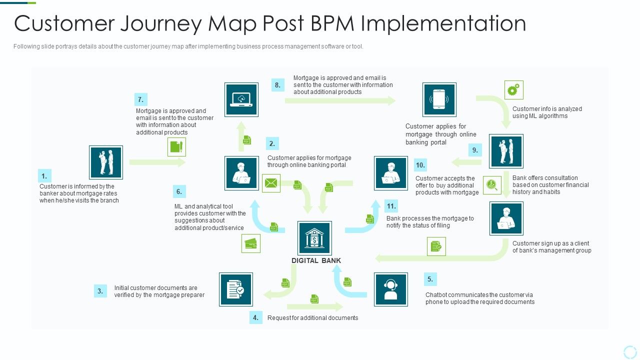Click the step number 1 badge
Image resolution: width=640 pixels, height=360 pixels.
tap(44, 175)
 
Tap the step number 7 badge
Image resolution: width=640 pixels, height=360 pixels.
tap(140, 99)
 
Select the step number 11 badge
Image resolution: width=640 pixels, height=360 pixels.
tap(391, 205)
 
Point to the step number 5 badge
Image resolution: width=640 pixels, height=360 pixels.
tap(429, 279)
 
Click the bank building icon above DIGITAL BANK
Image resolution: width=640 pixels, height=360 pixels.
tap(314, 238)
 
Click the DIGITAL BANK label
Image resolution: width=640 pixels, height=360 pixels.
tap(316, 260)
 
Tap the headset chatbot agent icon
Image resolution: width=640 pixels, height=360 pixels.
tap(390, 289)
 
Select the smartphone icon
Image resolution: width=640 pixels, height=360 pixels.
tap(439, 99)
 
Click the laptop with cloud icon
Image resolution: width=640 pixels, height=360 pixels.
tap(241, 99)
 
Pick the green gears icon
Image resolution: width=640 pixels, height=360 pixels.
tap(513, 90)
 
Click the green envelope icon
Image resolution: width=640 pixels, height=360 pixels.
tap(271, 183)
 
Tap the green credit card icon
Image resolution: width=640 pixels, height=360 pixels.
tap(251, 243)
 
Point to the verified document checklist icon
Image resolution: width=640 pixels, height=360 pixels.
tap(235, 289)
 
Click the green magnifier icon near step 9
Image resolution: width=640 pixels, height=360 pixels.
tap(492, 185)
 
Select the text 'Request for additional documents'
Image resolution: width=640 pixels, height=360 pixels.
tap(312, 317)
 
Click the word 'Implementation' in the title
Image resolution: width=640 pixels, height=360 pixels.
tap(442, 23)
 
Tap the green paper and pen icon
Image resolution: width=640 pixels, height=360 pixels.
tap(176, 147)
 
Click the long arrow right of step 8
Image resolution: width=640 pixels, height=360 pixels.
tap(340, 100)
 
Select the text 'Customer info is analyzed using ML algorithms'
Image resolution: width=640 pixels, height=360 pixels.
tap(547, 112)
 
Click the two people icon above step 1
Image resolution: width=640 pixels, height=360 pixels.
tap(106, 162)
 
